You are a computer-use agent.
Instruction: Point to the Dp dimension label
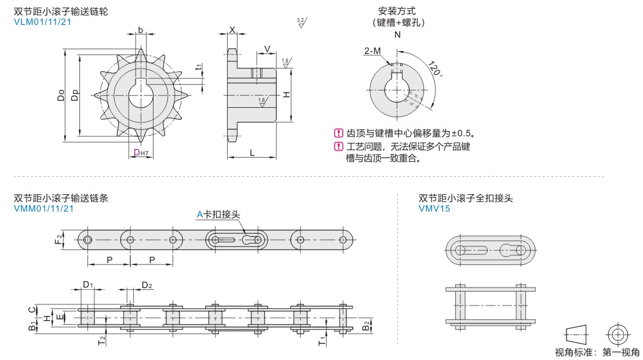click(x=74, y=96)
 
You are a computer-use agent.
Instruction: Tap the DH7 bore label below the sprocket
click(x=141, y=153)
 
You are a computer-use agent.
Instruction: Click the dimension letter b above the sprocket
click(x=141, y=30)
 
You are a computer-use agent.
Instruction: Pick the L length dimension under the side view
click(x=252, y=152)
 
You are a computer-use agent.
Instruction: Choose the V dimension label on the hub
click(x=266, y=48)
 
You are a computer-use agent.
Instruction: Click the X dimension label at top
click(x=232, y=30)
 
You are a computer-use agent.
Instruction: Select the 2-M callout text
click(x=372, y=52)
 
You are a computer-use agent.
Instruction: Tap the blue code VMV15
click(x=434, y=209)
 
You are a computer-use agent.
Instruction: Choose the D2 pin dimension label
click(x=147, y=285)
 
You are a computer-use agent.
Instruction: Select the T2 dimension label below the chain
click(x=102, y=341)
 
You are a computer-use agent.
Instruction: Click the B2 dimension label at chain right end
click(x=366, y=325)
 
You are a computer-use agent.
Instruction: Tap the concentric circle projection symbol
click(x=617, y=334)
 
